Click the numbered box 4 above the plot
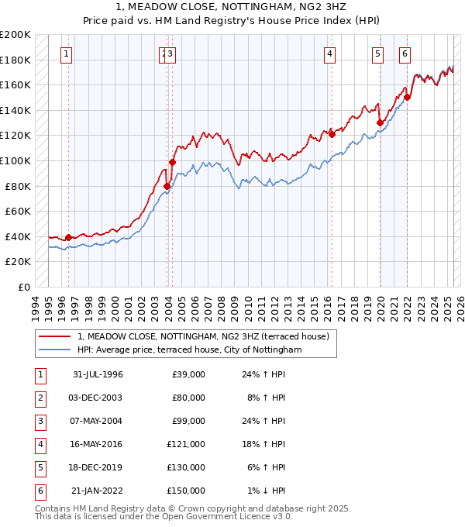click(329, 53)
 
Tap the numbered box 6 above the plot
click(405, 53)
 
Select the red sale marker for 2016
click(332, 134)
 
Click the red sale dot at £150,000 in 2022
click(408, 98)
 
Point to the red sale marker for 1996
click(68, 237)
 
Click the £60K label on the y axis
click(18, 211)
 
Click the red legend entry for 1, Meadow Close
click(204, 336)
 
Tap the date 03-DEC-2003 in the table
click(98, 398)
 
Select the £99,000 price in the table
click(188, 421)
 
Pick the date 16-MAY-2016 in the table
click(98, 444)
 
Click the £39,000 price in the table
click(188, 374)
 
